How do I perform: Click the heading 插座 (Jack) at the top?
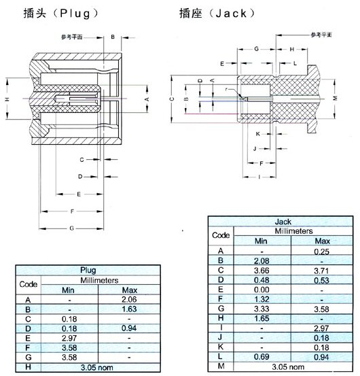(x=212, y=13)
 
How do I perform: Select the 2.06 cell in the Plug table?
(x=128, y=299)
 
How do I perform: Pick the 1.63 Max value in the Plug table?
(x=128, y=309)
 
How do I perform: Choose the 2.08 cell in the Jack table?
(x=262, y=260)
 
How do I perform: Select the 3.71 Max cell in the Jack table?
(x=323, y=269)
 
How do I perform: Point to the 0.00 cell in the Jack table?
(x=262, y=288)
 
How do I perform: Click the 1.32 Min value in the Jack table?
(x=262, y=298)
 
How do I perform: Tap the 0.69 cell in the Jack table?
(x=262, y=355)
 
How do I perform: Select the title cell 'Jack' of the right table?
(x=283, y=222)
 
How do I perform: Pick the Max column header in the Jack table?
(x=323, y=241)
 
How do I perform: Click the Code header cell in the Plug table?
(x=28, y=284)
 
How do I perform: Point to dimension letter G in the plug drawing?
(x=72, y=229)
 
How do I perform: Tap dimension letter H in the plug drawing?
(x=7, y=99)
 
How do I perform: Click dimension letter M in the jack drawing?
(x=335, y=99)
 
